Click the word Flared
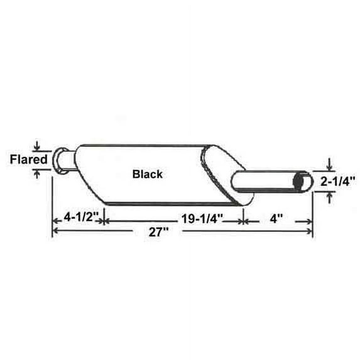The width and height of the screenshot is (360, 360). (28, 160)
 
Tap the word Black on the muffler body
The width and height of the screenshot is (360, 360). (147, 175)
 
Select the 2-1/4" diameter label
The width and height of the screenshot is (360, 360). (338, 182)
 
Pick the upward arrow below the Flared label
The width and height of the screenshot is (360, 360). (38, 173)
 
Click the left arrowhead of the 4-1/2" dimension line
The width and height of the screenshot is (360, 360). (55, 221)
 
